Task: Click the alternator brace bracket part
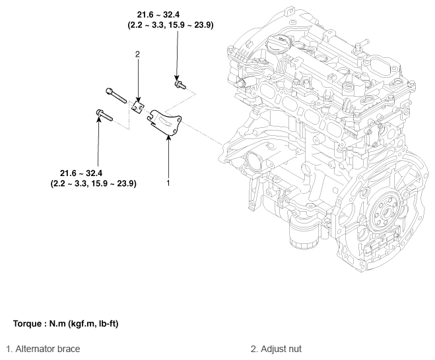point(164,122)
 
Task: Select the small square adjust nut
point(138,107)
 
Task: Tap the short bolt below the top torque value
point(180,84)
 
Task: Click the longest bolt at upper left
point(116,95)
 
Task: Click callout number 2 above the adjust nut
point(137,54)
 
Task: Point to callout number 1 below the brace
point(168,183)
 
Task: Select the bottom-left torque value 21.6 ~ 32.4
point(81,173)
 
